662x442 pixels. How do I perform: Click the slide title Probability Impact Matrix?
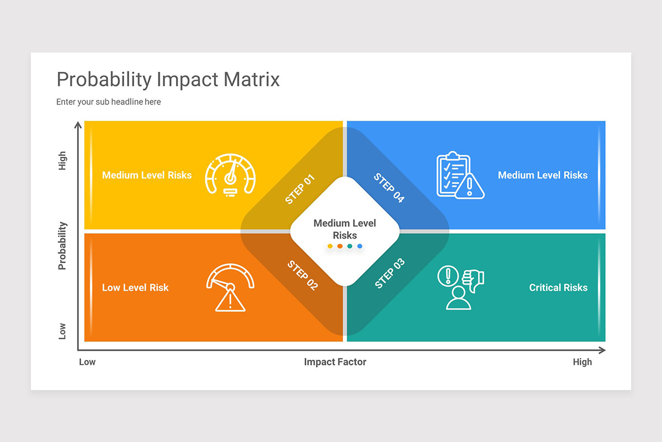pyautogui.click(x=168, y=80)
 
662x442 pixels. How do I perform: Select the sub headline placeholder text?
pyautogui.click(x=109, y=102)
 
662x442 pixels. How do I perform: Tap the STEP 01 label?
pyautogui.click(x=300, y=189)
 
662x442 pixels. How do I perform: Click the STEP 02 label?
pyautogui.click(x=302, y=275)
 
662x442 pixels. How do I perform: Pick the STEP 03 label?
pyautogui.click(x=389, y=273)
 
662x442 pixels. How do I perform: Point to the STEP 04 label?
pyautogui.click(x=389, y=188)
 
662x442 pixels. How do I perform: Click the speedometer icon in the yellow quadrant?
pyautogui.click(x=230, y=174)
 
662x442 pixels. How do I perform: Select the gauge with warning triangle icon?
pyautogui.click(x=230, y=287)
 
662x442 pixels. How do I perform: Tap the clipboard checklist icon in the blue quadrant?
pyautogui.click(x=460, y=175)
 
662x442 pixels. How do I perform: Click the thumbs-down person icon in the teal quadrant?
pyautogui.click(x=460, y=287)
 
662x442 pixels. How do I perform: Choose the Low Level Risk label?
pyautogui.click(x=135, y=287)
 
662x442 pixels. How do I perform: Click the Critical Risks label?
pyautogui.click(x=558, y=287)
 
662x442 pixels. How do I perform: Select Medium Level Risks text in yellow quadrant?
pyautogui.click(x=147, y=175)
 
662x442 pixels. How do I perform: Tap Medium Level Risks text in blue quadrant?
pyautogui.click(x=542, y=175)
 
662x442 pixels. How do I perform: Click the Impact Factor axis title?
pyautogui.click(x=335, y=362)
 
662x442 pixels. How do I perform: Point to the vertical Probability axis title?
pyautogui.click(x=62, y=245)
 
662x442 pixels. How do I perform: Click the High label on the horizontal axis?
pyautogui.click(x=582, y=362)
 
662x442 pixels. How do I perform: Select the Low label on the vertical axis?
pyautogui.click(x=62, y=331)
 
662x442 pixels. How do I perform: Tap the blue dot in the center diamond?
pyautogui.click(x=360, y=246)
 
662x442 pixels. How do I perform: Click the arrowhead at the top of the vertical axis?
pyautogui.click(x=78, y=125)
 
